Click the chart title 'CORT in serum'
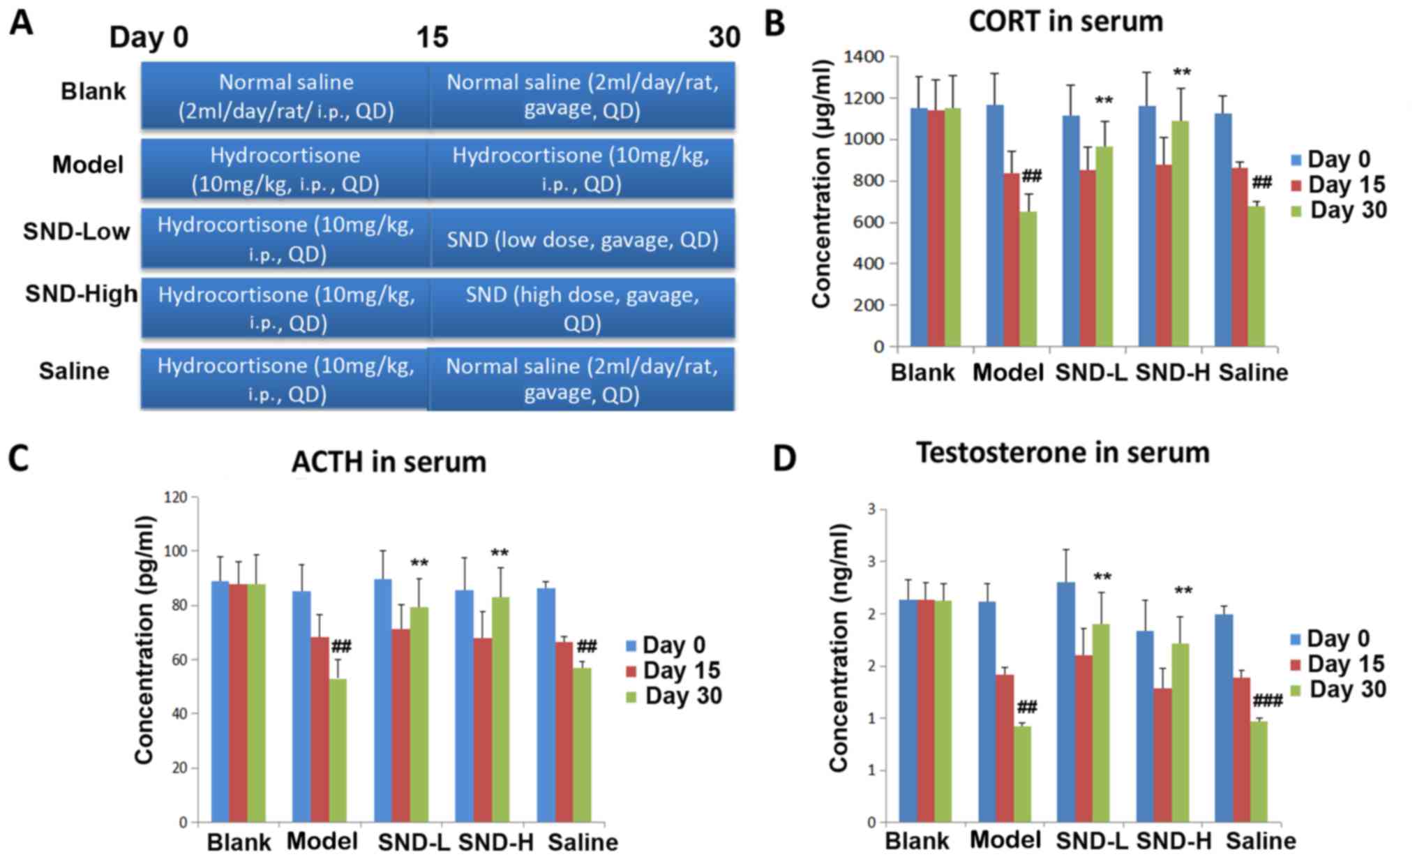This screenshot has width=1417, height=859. click(1065, 22)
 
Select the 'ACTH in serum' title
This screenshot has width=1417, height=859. click(389, 462)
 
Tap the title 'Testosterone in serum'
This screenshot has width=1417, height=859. click(1062, 452)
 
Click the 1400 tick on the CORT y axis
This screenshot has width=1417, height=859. click(863, 57)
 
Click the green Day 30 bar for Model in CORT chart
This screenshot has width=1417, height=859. click(1028, 279)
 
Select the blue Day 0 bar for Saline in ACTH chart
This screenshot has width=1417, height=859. click(546, 705)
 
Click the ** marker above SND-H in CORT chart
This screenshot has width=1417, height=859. click(1182, 73)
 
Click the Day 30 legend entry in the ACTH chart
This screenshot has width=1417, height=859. click(674, 696)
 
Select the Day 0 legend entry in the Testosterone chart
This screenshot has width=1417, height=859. click(1330, 638)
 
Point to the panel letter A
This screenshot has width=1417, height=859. click(21, 23)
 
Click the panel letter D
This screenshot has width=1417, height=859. click(784, 458)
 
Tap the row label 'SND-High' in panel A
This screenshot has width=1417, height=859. click(81, 294)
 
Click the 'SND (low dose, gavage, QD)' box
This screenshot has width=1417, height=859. click(582, 239)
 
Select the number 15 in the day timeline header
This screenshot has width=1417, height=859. click(432, 36)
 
